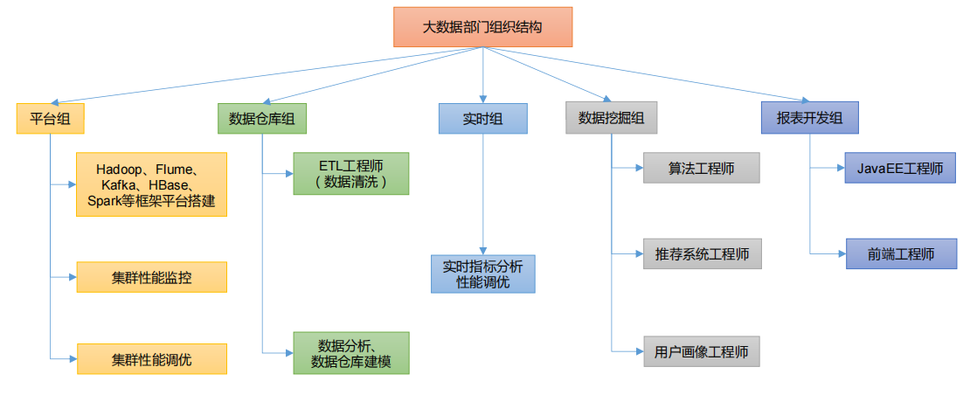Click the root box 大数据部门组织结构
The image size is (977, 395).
pyautogui.click(x=482, y=27)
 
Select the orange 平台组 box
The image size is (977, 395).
pyautogui.click(x=50, y=119)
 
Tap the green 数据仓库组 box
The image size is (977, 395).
pyautogui.click(x=261, y=119)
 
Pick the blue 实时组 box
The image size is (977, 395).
pyautogui.click(x=482, y=119)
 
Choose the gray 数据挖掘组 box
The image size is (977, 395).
pyautogui.click(x=611, y=119)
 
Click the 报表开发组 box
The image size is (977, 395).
pyautogui.click(x=809, y=119)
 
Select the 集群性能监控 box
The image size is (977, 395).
pyautogui.click(x=151, y=277)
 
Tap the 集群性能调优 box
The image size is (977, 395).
pyautogui.click(x=151, y=359)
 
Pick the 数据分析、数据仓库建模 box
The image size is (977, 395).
pyautogui.click(x=350, y=353)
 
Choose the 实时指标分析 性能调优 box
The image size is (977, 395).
pyautogui.click(x=482, y=274)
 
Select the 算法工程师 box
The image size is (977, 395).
pyautogui.click(x=701, y=169)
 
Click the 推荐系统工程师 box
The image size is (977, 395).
pyautogui.click(x=701, y=253)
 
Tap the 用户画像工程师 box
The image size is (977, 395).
pyautogui.click(x=701, y=351)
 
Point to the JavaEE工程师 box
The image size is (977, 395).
pyautogui.click(x=900, y=169)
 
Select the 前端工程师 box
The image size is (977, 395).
pyautogui.click(x=900, y=253)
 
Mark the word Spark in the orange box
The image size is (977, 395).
pyautogui.click(x=105, y=201)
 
